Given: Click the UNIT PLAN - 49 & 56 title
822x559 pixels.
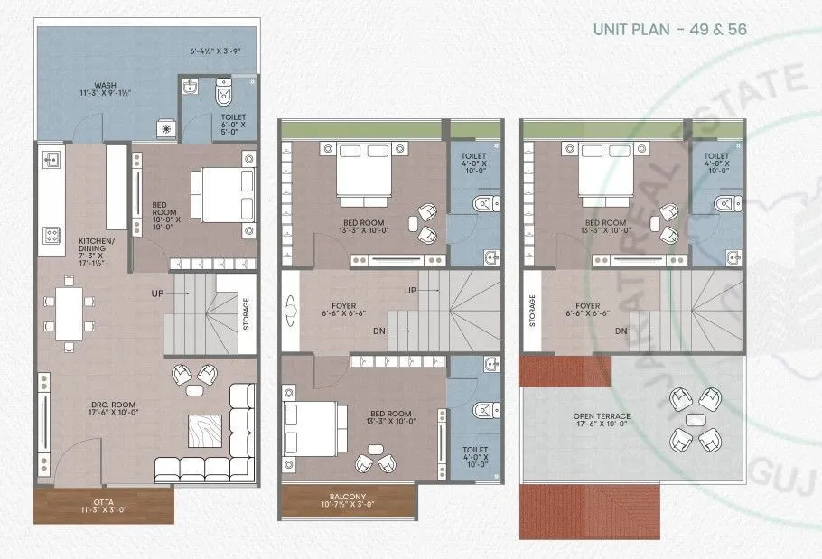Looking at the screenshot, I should point(669,30).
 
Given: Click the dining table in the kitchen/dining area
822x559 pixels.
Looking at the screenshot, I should point(69,312).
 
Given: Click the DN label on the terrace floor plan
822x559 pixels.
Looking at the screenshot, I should point(621,331).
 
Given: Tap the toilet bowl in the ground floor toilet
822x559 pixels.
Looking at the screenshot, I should point(222,92).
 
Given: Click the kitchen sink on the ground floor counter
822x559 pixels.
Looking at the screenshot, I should point(51,161).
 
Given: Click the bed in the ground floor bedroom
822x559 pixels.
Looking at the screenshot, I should point(221,194).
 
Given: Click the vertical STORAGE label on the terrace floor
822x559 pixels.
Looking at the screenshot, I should point(533,312).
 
